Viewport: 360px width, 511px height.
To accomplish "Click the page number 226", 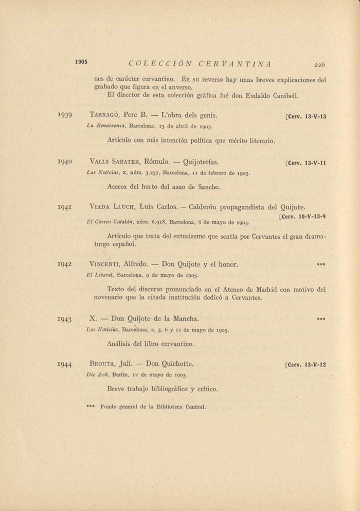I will tap(320, 65).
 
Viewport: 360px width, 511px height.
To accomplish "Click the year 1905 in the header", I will tap(81, 62).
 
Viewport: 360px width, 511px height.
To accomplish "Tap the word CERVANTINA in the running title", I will tap(235, 64).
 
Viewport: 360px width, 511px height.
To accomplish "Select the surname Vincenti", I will tap(105, 265).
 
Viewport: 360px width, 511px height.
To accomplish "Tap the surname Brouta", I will tap(102, 364).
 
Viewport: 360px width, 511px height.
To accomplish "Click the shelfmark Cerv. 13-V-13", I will tap(306, 116).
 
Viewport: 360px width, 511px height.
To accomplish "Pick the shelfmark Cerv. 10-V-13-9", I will tap(303, 217).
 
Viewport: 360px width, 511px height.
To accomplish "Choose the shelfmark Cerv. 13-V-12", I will tap(306, 365).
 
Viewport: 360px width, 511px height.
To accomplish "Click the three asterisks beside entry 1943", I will tap(321, 319).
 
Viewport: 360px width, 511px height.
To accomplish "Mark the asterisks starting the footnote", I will tap(91, 407).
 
